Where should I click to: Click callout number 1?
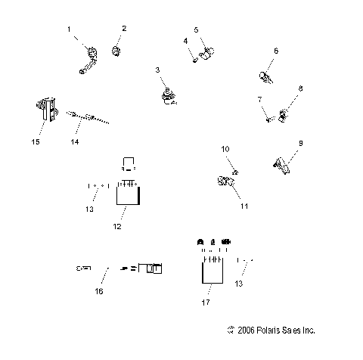click(69, 29)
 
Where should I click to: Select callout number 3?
click(158, 70)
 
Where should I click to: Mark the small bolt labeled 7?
click(268, 117)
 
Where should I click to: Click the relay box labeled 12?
click(127, 196)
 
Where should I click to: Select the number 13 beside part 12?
click(89, 209)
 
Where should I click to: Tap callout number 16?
click(99, 290)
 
